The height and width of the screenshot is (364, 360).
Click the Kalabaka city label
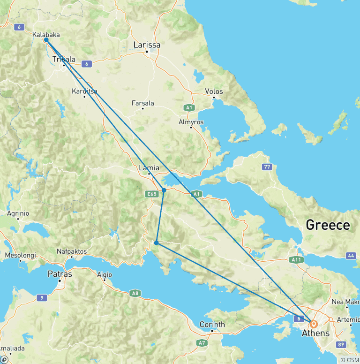tap(46, 34)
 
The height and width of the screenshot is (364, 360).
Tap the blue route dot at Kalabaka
tap(46, 40)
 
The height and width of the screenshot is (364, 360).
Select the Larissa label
tap(147, 45)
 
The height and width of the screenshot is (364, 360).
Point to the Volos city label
tap(214, 91)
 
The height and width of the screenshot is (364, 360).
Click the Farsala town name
tap(143, 103)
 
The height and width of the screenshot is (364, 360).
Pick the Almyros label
tap(191, 122)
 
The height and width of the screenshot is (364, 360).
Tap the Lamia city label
tap(150, 168)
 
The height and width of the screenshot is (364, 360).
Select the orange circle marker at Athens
tap(313, 324)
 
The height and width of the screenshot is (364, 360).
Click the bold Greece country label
tap(328, 225)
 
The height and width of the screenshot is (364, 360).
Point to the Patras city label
tap(60, 274)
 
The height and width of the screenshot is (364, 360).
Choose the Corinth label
tap(212, 324)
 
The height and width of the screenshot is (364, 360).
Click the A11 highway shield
tap(296, 259)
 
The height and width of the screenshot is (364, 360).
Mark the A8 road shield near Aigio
tap(135, 293)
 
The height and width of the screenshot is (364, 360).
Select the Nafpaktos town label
tap(72, 251)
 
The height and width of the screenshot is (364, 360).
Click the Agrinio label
tap(18, 213)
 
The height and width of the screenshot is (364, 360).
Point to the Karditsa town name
tap(85, 91)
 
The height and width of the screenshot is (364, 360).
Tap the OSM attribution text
tap(350, 360)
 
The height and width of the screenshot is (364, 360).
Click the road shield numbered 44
tap(351, 256)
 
